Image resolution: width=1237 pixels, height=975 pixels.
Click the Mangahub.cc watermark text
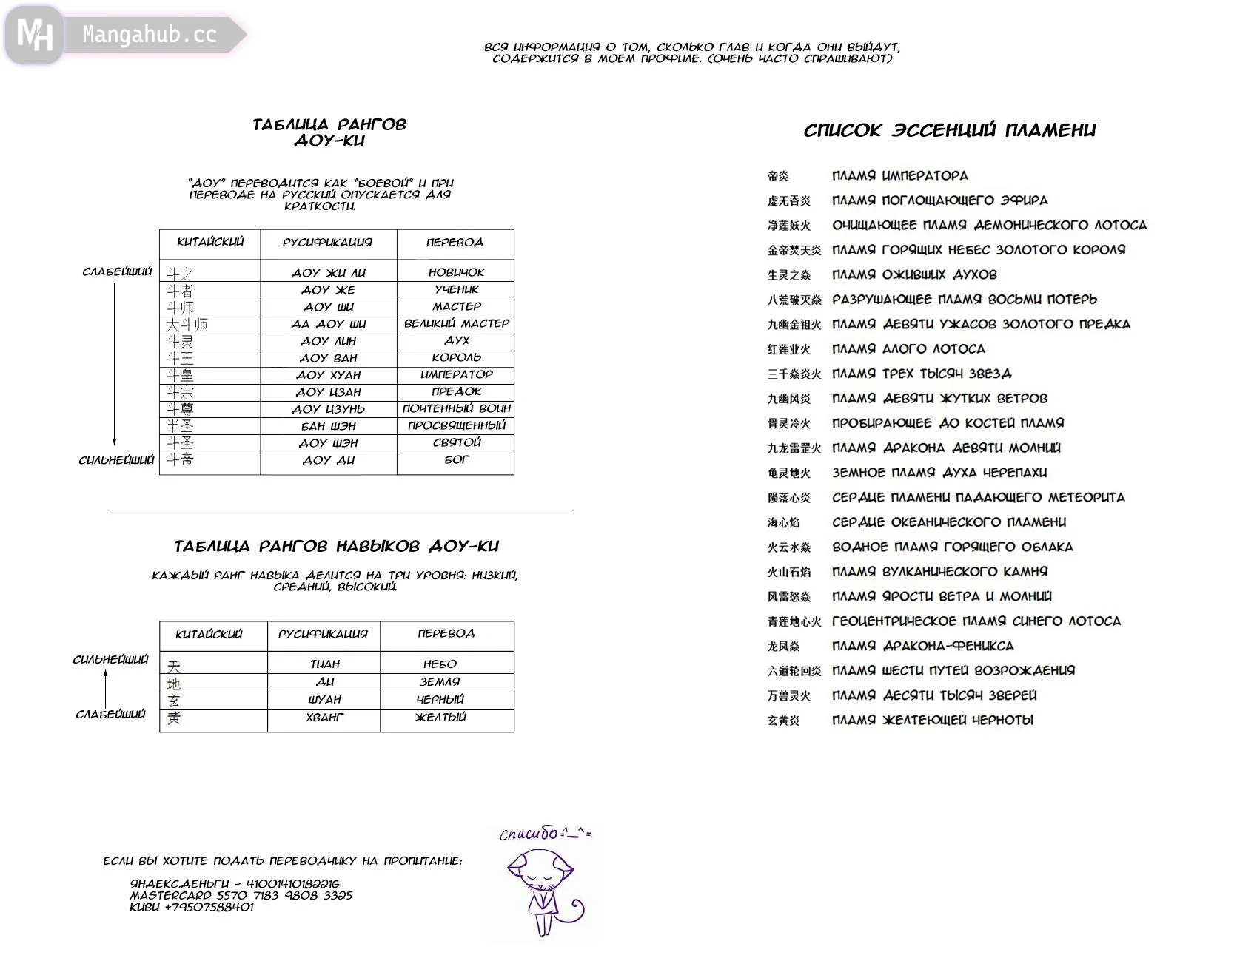pos(149,35)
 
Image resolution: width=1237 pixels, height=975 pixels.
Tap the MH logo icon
pos(34,35)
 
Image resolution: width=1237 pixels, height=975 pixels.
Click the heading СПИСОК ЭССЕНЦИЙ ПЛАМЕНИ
pos(950,131)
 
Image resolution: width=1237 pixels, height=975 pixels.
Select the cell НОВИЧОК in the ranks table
pos(456,272)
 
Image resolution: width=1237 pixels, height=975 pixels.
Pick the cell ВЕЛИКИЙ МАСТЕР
pos(456,323)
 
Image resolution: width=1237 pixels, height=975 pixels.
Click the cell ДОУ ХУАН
pos(329,375)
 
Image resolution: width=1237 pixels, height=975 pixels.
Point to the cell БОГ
pos(456,459)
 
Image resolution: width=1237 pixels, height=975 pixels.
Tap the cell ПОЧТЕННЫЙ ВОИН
pos(456,408)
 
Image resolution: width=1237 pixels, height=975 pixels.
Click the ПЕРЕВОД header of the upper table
pos(455,243)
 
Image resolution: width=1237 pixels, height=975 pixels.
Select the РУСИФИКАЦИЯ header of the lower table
pos(323,634)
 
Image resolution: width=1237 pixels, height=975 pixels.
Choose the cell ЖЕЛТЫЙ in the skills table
pos(440,717)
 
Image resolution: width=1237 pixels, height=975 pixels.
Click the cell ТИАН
pos(325,664)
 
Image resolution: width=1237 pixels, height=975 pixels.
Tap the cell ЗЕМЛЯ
pos(440,682)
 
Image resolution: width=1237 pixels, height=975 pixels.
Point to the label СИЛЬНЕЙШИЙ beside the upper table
pos(116,460)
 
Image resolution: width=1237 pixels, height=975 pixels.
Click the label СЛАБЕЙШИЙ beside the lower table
pos(110,715)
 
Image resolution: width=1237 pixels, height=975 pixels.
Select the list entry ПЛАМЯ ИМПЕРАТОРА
pos(899,176)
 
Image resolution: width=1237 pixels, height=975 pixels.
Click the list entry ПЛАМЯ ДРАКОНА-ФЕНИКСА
pos(922,646)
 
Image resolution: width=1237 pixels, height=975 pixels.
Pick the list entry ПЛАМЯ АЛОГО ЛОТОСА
pos(908,349)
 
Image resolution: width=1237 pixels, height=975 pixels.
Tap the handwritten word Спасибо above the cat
pos(529,834)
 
